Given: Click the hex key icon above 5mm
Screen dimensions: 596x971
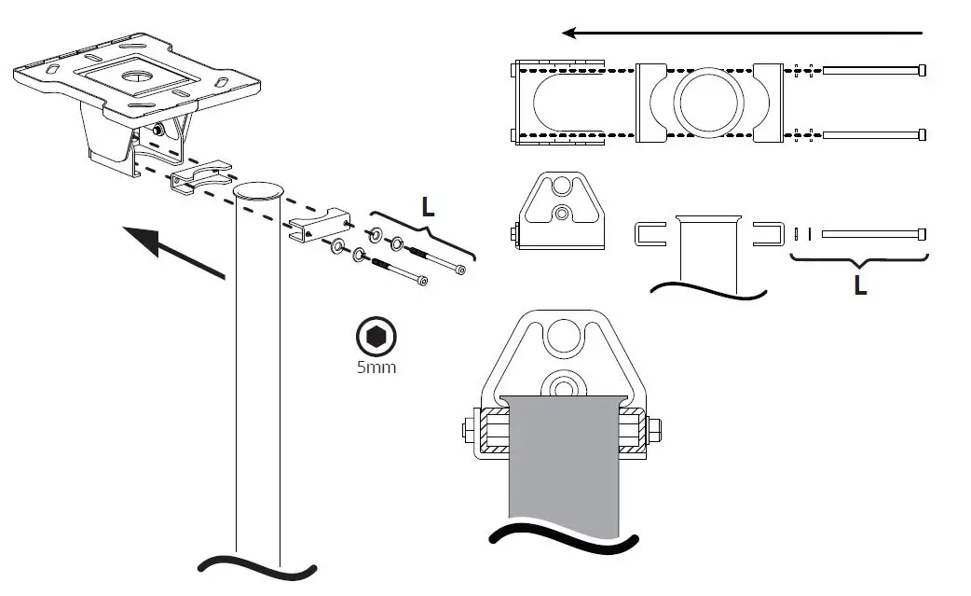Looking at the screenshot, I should [x=376, y=337].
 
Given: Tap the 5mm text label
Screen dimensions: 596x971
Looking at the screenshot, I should [x=376, y=367].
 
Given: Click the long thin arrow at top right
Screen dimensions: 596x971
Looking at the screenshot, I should [x=741, y=33].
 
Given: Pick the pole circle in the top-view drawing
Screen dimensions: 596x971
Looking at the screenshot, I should [x=709, y=103].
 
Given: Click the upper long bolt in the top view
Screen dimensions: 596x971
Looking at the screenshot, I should [x=874, y=70].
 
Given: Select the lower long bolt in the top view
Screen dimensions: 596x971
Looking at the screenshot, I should [x=874, y=134].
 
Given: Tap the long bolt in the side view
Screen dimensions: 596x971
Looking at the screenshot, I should [x=872, y=233].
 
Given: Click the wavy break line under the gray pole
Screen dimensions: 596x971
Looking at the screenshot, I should [x=564, y=538].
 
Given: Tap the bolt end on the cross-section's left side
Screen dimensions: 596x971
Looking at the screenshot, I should [x=469, y=432].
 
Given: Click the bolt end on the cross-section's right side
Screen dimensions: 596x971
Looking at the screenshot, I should [x=655, y=431].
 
